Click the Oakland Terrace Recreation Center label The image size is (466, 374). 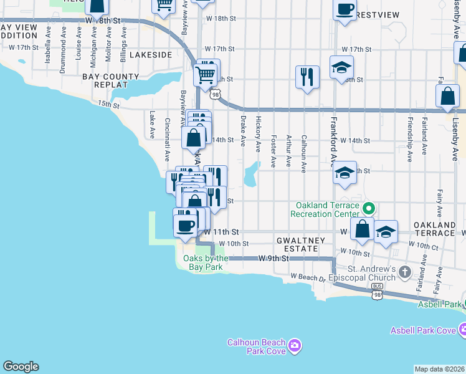pyautogui.click(x=327, y=209)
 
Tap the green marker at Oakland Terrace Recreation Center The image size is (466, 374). pyautogui.click(x=368, y=209)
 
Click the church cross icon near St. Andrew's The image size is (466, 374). pyautogui.click(x=406, y=272)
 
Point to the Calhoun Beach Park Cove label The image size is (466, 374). pyautogui.click(x=256, y=347)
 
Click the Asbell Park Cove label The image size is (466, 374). pyautogui.click(x=423, y=330)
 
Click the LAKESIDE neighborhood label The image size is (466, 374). pyautogui.click(x=151, y=55)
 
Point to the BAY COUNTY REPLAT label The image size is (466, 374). pyautogui.click(x=111, y=80)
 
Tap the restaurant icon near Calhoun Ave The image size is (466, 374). pyautogui.click(x=307, y=77)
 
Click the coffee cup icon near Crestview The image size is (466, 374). pyautogui.click(x=345, y=10)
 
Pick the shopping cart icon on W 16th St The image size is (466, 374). pyautogui.click(x=207, y=73)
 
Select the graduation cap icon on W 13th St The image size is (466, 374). pyautogui.click(x=344, y=174)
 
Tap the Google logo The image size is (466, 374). pyautogui.click(x=21, y=367)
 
